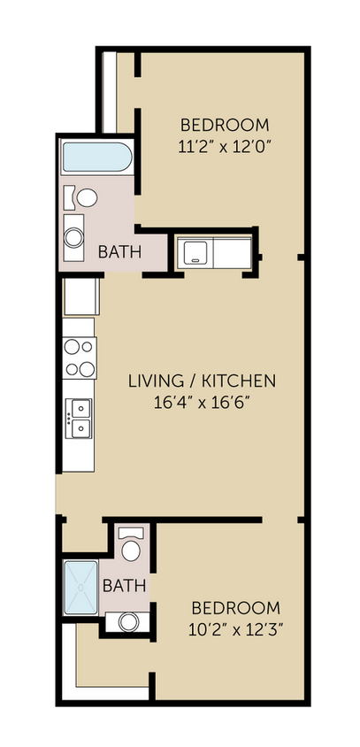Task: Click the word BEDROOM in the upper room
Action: [225, 125]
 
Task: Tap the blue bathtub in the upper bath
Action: [96, 160]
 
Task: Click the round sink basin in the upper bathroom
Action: [74, 236]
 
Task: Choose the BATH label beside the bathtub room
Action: [119, 252]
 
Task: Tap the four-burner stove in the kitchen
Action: [80, 358]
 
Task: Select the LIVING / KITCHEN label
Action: [203, 381]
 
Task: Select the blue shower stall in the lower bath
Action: [82, 587]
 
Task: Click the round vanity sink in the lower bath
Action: [129, 622]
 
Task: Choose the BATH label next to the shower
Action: [124, 585]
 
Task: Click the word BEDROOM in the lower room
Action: [236, 609]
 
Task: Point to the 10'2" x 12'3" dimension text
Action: [236, 629]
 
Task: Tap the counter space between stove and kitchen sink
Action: [80, 388]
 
